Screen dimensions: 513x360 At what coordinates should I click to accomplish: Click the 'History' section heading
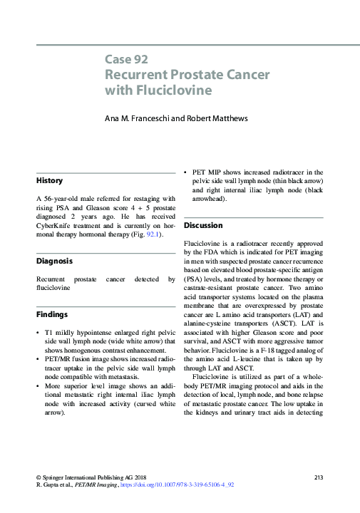[x=50, y=181]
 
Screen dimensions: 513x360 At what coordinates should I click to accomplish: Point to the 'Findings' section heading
[x=53, y=313]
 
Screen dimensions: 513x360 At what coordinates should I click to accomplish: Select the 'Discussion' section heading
[x=203, y=225]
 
